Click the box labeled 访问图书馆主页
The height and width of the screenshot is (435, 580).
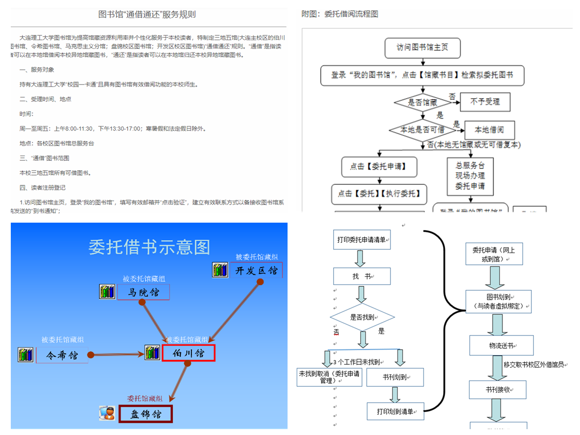tap(422, 49)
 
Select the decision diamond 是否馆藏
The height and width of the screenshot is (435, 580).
tap(422, 102)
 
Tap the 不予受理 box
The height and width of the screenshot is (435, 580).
tap(485, 102)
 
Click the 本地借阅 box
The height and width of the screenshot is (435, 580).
tap(489, 130)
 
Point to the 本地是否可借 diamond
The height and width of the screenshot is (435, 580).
tap(422, 130)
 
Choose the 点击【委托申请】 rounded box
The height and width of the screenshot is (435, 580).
tap(380, 167)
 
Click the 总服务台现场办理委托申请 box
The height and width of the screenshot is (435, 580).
tap(470, 176)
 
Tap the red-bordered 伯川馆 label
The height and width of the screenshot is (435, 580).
tap(188, 353)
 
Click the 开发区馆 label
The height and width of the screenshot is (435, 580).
tap(256, 270)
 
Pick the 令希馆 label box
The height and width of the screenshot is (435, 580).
tap(62, 355)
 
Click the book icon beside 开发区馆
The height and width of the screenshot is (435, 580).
tap(220, 270)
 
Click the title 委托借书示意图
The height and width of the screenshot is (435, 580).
tap(149, 247)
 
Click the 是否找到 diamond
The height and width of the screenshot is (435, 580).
tap(362, 317)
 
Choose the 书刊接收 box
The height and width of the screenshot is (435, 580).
tap(498, 390)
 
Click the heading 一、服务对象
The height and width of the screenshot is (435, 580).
tap(37, 70)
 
